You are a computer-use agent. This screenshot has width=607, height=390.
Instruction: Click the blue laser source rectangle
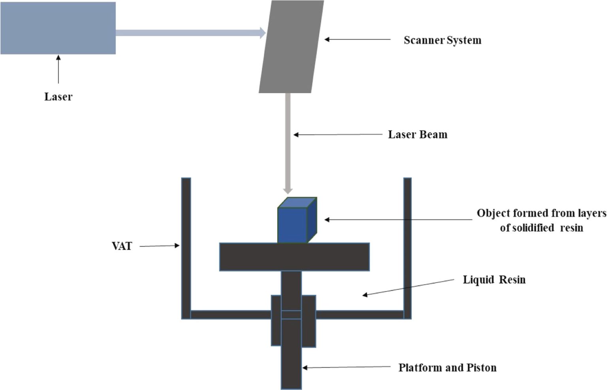pos(58,28)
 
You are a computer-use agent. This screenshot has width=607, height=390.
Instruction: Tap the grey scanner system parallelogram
pos(291,47)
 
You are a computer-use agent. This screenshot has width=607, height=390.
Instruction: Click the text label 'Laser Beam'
pos(417,135)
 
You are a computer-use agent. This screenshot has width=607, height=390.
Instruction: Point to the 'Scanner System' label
pos(442,40)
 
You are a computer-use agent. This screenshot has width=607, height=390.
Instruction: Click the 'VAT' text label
pos(122,246)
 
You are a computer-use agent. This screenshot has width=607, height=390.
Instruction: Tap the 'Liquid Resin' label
pos(494,280)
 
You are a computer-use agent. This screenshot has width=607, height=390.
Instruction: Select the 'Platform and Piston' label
pos(447,368)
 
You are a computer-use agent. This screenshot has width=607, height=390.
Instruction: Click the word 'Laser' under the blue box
pos(58,97)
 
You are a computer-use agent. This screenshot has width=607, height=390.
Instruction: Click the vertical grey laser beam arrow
pos(288,142)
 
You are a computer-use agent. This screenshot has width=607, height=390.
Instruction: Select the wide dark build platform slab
pos(294,257)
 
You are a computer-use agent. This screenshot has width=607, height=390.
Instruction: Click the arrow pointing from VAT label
pos(159,246)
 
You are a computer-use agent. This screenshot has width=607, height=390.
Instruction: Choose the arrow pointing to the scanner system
pos(357,40)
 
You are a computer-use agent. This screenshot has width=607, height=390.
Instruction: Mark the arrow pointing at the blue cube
pos(398,220)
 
